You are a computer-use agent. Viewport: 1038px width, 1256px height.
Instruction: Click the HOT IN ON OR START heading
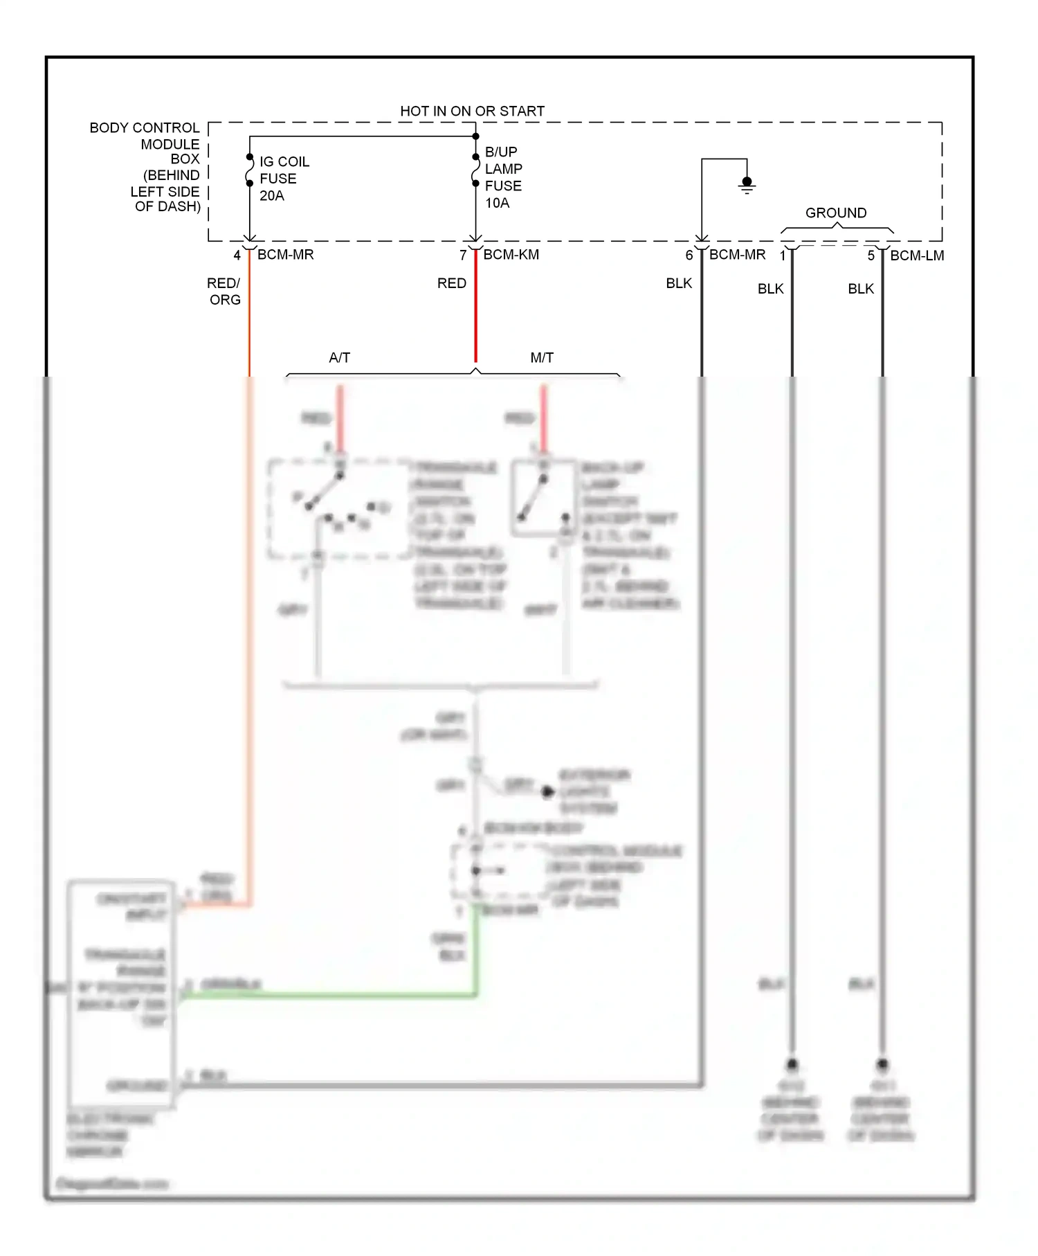tap(472, 111)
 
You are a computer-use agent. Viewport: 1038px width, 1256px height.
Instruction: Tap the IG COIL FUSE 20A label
tap(284, 179)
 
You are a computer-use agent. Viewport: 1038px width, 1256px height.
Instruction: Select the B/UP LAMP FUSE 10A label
tap(503, 177)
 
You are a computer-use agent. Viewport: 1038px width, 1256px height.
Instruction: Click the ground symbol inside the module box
tap(747, 185)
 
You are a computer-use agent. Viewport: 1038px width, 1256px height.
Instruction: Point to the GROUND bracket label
tap(835, 213)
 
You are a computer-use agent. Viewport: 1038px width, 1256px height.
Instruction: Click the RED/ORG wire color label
tap(224, 291)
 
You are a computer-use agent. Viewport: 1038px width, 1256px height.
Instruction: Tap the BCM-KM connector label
tap(511, 255)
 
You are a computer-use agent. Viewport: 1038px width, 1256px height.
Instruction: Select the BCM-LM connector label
tap(916, 255)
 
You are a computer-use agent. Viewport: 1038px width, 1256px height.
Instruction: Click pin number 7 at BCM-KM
tap(463, 255)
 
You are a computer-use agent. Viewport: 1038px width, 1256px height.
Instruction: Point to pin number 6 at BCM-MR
tap(689, 255)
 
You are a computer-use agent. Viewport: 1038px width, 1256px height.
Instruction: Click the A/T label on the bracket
tap(339, 358)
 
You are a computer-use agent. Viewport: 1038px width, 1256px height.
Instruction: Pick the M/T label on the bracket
tap(541, 358)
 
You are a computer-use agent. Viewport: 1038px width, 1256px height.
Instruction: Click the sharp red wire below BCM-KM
tap(475, 312)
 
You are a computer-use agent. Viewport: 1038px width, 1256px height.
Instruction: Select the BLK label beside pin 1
tap(770, 289)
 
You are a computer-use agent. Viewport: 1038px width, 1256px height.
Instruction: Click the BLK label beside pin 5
tap(860, 289)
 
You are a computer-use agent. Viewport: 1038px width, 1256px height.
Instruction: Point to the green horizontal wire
tap(332, 995)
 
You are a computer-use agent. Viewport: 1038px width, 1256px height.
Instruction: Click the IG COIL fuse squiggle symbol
tap(250, 170)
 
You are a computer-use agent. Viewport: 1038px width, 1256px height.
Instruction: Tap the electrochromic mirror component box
tap(121, 994)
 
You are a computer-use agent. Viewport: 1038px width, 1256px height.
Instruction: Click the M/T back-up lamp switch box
tap(544, 498)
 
